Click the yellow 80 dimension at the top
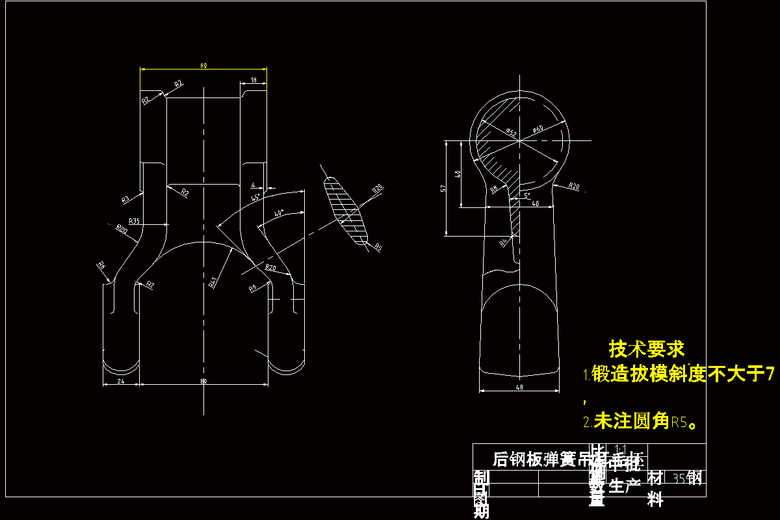pyautogui.click(x=203, y=66)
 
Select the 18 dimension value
pyautogui.click(x=253, y=80)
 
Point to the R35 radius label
pyautogui.click(x=134, y=222)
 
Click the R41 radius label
pyautogui.click(x=213, y=282)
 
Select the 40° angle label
pyautogui.click(x=279, y=213)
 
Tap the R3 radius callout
pyautogui.click(x=125, y=199)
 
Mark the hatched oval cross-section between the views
pyautogui.click(x=346, y=213)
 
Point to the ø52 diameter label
pyautogui.click(x=510, y=133)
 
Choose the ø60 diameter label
pyautogui.click(x=538, y=130)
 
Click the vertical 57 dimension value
pyautogui.click(x=443, y=188)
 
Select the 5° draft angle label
pyautogui.click(x=526, y=195)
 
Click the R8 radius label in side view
pyautogui.click(x=494, y=189)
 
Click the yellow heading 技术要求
pyautogui.click(x=647, y=349)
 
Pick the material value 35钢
pyautogui.click(x=687, y=478)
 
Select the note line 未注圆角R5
pyautogui.click(x=640, y=422)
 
